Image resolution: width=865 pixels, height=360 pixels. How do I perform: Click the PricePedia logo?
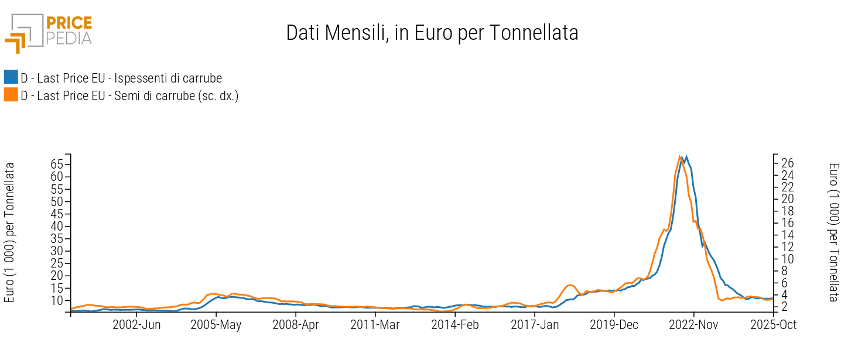pyautogui.click(x=49, y=32)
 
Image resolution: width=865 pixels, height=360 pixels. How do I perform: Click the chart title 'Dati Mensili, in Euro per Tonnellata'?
pyautogui.click(x=432, y=33)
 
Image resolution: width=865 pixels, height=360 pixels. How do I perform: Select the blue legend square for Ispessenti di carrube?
pyautogui.click(x=11, y=77)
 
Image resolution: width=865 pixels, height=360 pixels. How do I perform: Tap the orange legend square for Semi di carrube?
pyautogui.click(x=11, y=95)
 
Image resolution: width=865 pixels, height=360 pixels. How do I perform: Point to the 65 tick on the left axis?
pyautogui.click(x=56, y=164)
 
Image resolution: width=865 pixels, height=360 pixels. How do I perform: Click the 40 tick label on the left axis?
pyautogui.click(x=56, y=226)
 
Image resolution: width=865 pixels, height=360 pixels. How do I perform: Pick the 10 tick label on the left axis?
pyautogui.click(x=56, y=300)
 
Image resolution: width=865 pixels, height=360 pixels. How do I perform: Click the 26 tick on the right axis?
pyautogui.click(x=789, y=163)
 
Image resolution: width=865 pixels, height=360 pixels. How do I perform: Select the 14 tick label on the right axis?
pyautogui.click(x=789, y=235)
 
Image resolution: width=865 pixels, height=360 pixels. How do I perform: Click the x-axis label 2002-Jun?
pyautogui.click(x=136, y=324)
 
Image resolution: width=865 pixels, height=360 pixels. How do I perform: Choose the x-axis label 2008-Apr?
pyautogui.click(x=296, y=324)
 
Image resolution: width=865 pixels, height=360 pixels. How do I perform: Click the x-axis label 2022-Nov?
pyautogui.click(x=693, y=324)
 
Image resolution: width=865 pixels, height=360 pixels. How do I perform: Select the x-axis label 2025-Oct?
pyautogui.click(x=773, y=324)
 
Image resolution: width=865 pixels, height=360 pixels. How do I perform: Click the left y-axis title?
pyautogui.click(x=10, y=233)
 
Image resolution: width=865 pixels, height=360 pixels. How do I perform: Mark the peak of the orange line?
pyautogui.click(x=679, y=156)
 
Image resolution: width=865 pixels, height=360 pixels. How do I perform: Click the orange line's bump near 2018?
pyautogui.click(x=570, y=285)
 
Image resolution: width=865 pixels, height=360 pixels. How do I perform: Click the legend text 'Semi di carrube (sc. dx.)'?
pyautogui.click(x=129, y=95)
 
